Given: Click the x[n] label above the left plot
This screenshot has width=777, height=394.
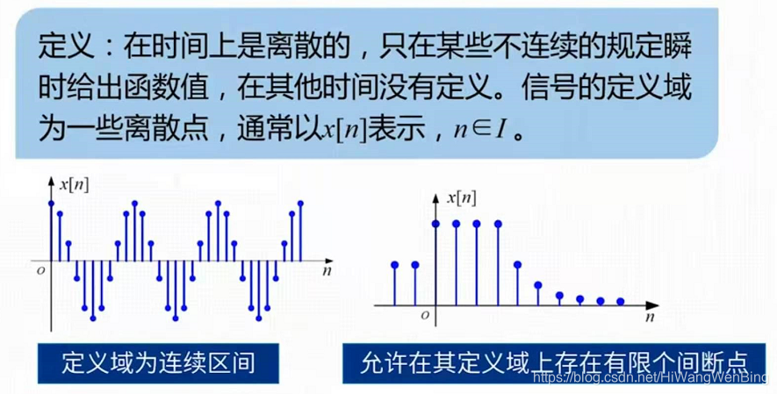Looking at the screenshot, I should [x=73, y=185].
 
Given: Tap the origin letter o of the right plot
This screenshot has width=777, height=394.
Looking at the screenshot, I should [x=425, y=314].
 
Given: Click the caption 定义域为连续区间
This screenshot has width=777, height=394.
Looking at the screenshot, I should [x=158, y=362].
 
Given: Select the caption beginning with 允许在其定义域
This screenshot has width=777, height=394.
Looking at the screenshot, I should [x=553, y=362].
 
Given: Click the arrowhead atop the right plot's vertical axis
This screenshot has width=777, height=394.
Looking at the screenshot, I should [x=436, y=190].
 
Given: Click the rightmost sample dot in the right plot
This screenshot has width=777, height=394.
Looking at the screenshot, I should [x=620, y=301].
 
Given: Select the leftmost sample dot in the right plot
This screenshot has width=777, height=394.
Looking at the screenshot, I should [x=394, y=264].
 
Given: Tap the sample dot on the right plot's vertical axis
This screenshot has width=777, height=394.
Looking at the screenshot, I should [x=436, y=224].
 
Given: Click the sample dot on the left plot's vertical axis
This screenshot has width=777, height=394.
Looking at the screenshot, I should [x=51, y=204].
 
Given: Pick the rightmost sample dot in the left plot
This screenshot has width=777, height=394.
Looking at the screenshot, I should [x=300, y=203].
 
